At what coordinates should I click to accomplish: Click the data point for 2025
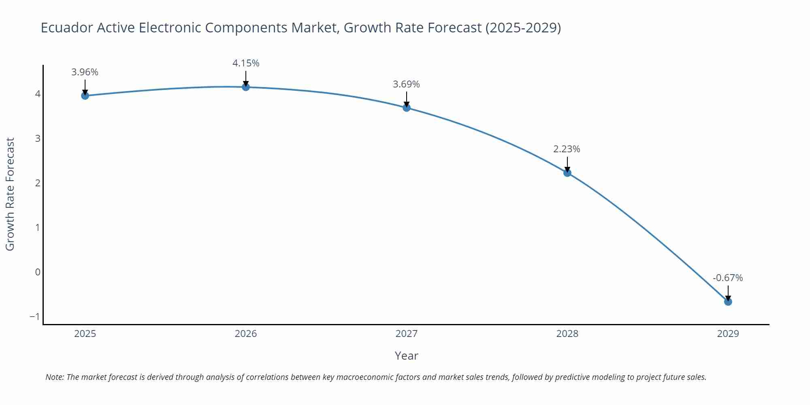coord(85,96)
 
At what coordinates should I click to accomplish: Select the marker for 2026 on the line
coord(246,87)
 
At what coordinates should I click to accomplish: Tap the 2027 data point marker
coord(407,108)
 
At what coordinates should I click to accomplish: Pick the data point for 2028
coord(567,173)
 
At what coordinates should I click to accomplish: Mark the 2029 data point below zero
coord(728,302)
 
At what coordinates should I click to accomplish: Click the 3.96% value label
coord(85,72)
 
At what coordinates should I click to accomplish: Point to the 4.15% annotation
coord(246,63)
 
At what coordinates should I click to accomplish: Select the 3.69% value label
coord(406,84)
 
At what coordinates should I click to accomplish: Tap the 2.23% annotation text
coord(567,149)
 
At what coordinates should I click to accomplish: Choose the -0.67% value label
coord(727,278)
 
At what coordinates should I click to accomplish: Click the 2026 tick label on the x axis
coord(246,334)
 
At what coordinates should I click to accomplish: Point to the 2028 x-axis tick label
coord(567,334)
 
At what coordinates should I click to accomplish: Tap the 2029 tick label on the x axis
coord(728,334)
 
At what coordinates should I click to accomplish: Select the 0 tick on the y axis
coord(38,272)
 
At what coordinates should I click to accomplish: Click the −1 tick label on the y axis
coord(35,317)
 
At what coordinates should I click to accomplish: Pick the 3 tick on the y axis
coord(38,139)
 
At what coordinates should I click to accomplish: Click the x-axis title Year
coord(406,356)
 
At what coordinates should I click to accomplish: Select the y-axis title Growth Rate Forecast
coord(10,194)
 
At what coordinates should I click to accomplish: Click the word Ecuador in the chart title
coord(67,28)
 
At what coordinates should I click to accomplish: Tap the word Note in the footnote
coord(54,377)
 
